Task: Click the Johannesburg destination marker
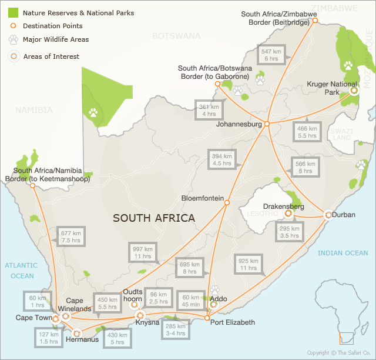pos(267,124)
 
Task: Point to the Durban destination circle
pos(327,215)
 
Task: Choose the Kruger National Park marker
pos(354,91)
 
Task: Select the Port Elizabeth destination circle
pos(207,318)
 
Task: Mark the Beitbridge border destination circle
pos(315,20)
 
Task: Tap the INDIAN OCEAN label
pos(343,253)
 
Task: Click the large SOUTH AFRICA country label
pos(154,218)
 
